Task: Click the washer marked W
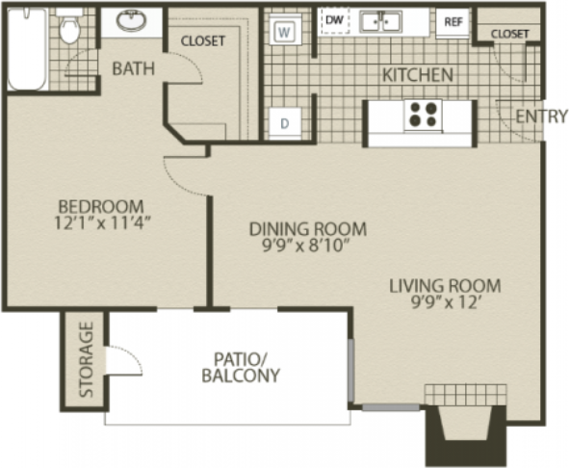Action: pos(285,30)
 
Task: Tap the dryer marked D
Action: pos(285,123)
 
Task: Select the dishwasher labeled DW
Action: pos(335,20)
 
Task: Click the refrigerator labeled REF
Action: pos(453,22)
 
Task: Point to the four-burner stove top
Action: pos(423,115)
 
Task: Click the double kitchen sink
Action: pos(380,21)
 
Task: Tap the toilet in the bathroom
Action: pos(69,26)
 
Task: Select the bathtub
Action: pos(28,49)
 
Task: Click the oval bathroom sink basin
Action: pos(131,20)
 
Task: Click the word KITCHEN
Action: pos(418,75)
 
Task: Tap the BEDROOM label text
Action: pos(101,207)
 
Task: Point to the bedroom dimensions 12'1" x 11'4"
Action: pos(102,223)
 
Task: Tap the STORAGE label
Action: pos(87,359)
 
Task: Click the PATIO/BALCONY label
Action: pos(241,368)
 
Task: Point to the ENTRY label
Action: pos(541,117)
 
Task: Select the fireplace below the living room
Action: pos(466,425)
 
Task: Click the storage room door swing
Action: pos(123,360)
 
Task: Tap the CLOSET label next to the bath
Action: pos(203,41)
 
